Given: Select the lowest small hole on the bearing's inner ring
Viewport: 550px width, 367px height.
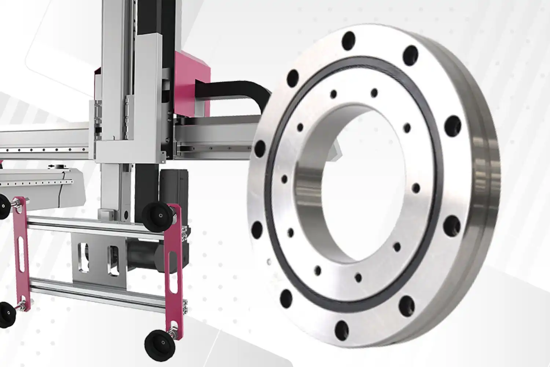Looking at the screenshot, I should [x=358, y=277].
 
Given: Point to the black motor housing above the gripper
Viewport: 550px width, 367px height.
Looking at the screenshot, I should [x=174, y=187].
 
